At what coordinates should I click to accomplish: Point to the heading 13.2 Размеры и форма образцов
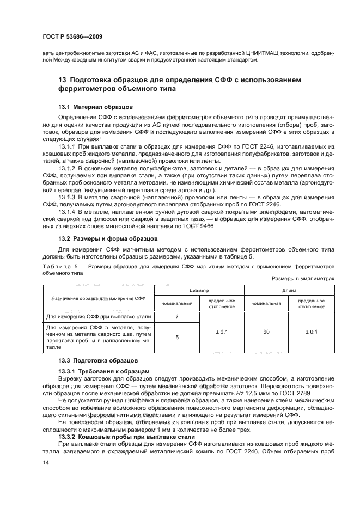point(108,238)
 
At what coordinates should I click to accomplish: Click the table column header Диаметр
point(199,291)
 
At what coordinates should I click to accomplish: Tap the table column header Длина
point(289,291)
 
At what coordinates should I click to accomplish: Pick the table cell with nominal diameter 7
point(177,316)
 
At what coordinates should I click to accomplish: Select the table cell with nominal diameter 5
point(177,338)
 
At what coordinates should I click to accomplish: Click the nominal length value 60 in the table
point(266,331)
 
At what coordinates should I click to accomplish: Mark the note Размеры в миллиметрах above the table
point(303,279)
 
